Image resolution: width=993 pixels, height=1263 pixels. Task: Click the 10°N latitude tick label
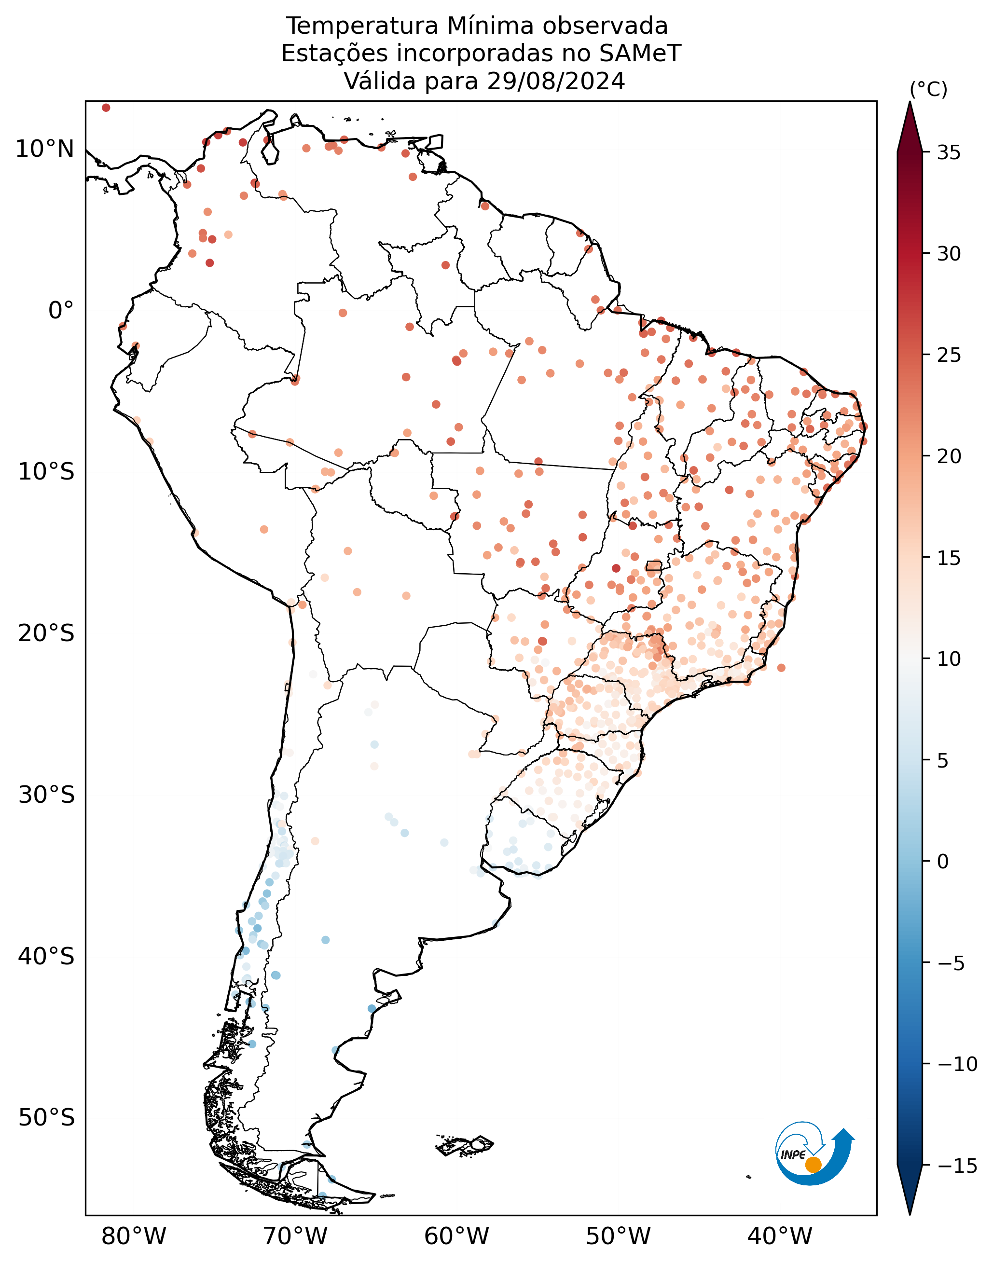pyautogui.click(x=45, y=150)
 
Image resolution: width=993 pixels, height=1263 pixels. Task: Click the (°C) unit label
pyautogui.click(x=928, y=90)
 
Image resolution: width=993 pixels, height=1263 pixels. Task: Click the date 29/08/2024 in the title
pyautogui.click(x=556, y=82)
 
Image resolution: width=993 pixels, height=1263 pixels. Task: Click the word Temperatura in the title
pyautogui.click(x=362, y=26)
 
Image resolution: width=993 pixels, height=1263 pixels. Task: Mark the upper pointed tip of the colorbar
pyautogui.click(x=910, y=102)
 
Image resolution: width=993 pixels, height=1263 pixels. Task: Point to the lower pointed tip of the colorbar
pyautogui.click(x=910, y=1214)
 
